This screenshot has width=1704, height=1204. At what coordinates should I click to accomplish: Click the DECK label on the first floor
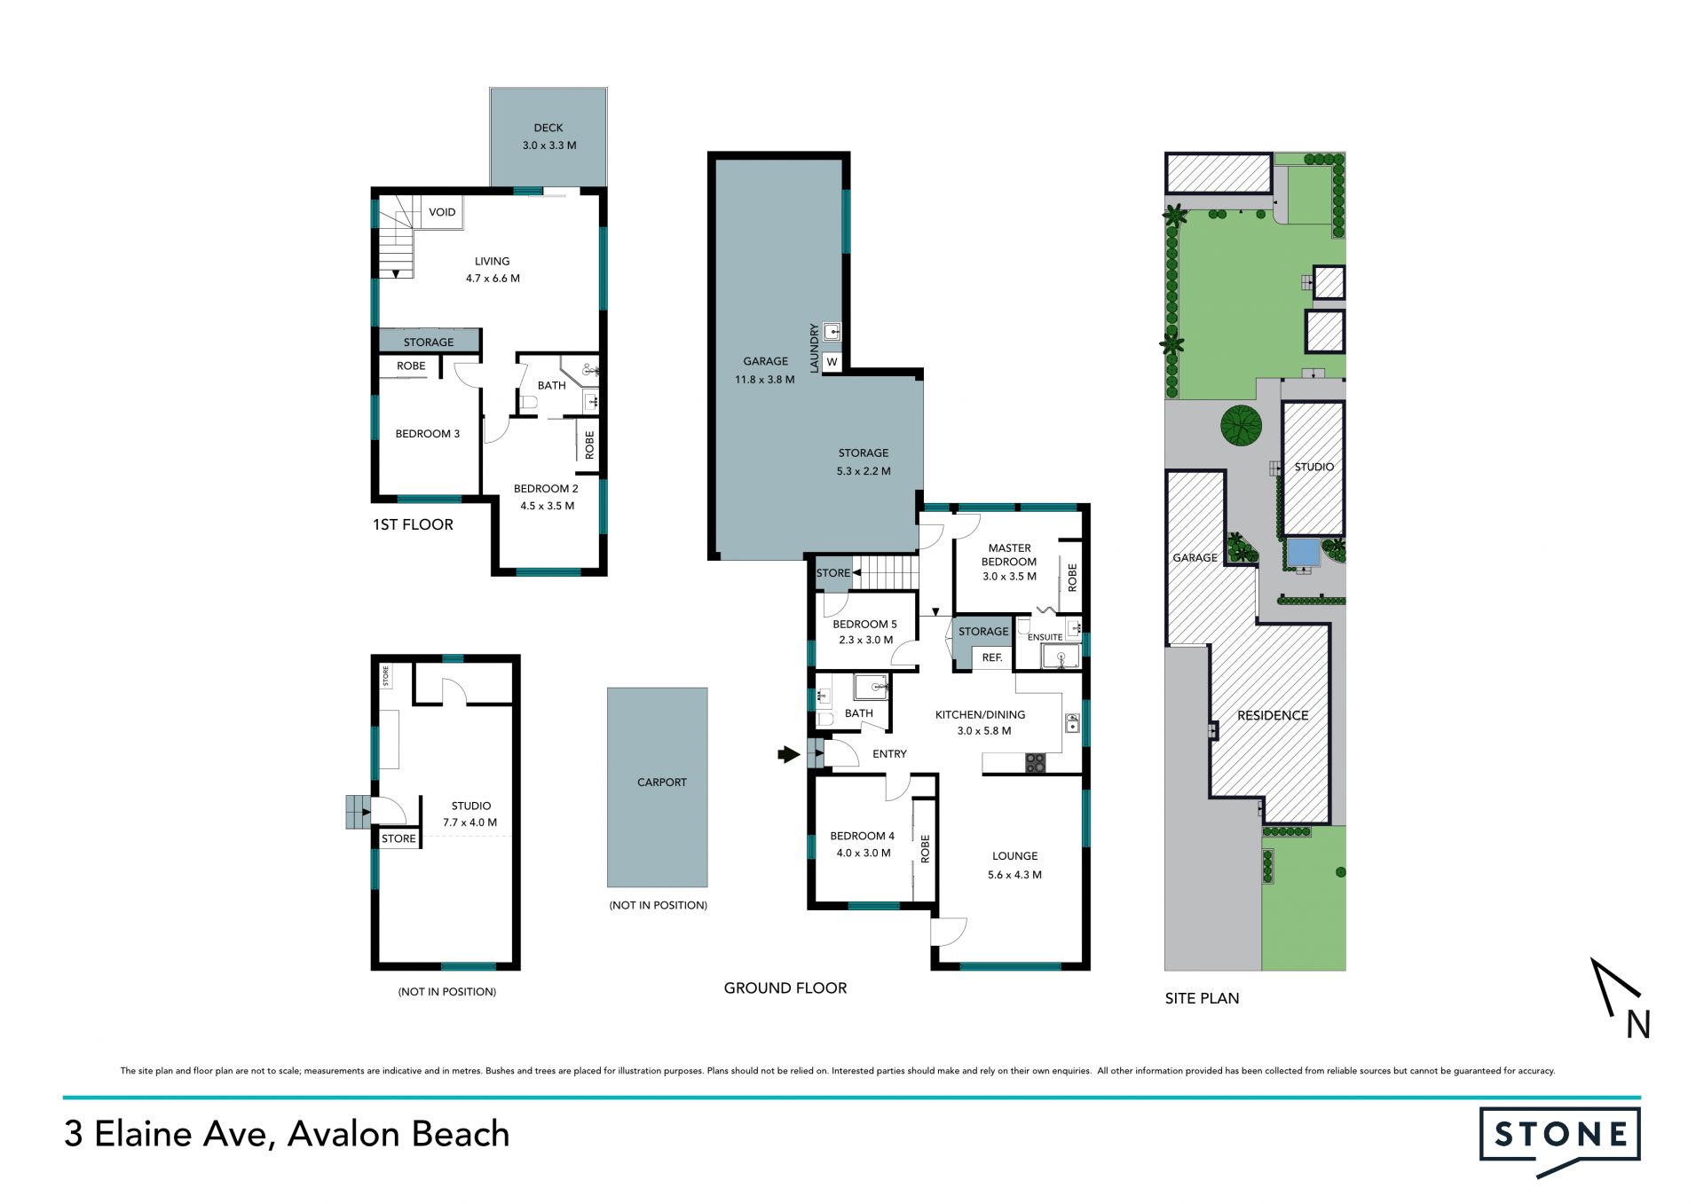click(548, 128)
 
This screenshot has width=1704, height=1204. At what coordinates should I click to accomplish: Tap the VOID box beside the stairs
click(441, 212)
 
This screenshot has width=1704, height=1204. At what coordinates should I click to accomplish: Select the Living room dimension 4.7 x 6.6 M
click(493, 279)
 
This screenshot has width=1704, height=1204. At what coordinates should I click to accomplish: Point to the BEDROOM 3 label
click(428, 434)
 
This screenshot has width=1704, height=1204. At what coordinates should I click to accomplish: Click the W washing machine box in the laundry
click(832, 362)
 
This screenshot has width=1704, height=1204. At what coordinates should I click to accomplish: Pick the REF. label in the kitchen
click(992, 657)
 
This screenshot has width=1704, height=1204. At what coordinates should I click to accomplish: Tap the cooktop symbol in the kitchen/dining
click(1036, 763)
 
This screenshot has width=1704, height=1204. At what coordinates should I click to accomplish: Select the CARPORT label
click(662, 783)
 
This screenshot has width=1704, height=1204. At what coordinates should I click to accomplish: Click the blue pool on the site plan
click(1303, 553)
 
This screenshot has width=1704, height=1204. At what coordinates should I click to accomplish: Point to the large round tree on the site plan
click(1241, 425)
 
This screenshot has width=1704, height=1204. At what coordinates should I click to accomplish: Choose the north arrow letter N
click(1638, 1025)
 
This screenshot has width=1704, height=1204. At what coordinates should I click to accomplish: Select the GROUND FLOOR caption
click(785, 988)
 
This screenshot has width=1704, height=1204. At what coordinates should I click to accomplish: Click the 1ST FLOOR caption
click(413, 524)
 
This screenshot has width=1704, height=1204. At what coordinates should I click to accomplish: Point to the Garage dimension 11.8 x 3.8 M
click(765, 380)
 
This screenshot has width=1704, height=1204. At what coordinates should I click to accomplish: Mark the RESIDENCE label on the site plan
click(1273, 715)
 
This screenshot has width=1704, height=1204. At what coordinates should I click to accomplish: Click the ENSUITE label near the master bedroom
click(1045, 637)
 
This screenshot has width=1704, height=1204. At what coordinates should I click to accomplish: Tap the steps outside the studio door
click(358, 812)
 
